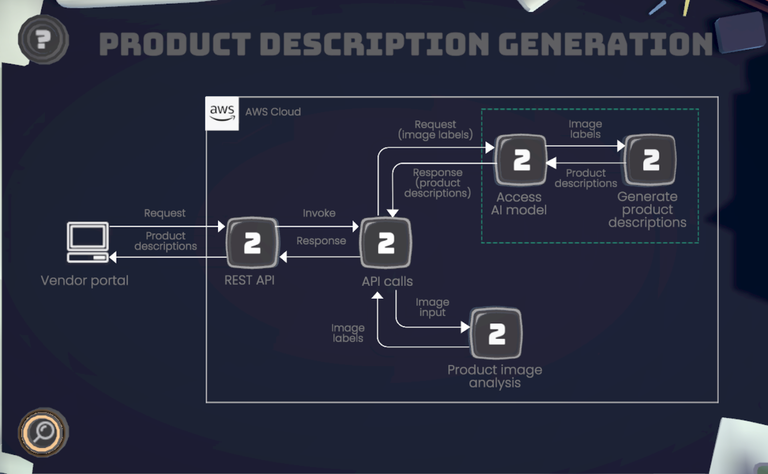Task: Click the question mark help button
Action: coord(43,39)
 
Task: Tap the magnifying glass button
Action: coord(43,432)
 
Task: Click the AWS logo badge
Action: coord(222,113)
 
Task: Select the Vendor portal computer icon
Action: coord(88,242)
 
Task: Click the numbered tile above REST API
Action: coord(252,243)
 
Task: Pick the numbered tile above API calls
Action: coord(386,243)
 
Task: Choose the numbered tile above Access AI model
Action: coord(521,160)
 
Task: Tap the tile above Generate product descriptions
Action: coord(650,160)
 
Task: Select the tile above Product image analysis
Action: coord(496,333)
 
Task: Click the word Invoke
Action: coord(319,213)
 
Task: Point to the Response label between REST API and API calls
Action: coord(321,241)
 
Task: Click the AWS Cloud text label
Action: coord(273,112)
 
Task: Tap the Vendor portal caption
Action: coord(84,281)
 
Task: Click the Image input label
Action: coord(432,307)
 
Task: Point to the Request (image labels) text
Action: coord(435,130)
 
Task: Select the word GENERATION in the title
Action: coord(605,44)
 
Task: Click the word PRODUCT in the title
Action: coord(175,44)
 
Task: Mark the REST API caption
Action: coord(250,280)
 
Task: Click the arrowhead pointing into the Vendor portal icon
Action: coord(113,258)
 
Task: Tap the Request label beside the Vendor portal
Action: coord(165,213)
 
